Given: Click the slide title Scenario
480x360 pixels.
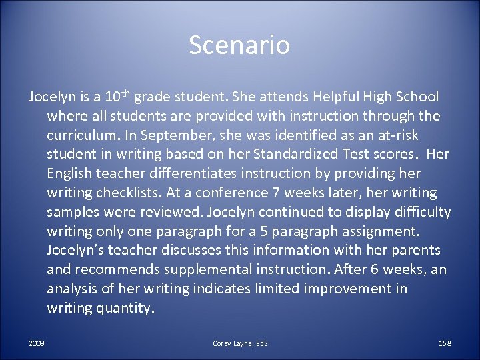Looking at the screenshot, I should (x=239, y=45).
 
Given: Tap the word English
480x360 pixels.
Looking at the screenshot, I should (x=70, y=174).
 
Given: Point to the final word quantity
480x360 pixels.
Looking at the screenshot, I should (x=126, y=309).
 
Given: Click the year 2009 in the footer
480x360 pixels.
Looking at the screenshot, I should (x=37, y=343).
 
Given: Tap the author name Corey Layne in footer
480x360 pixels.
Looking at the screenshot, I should (x=231, y=343).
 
